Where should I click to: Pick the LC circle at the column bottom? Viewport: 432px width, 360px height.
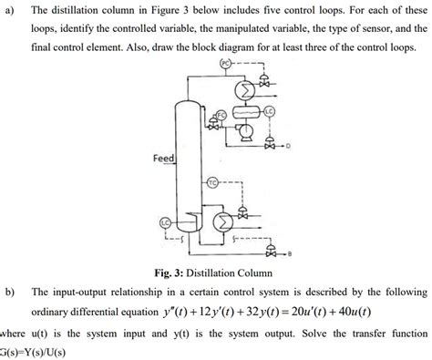tap(166, 222)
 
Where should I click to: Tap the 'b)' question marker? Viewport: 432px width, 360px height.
tap(10, 291)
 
